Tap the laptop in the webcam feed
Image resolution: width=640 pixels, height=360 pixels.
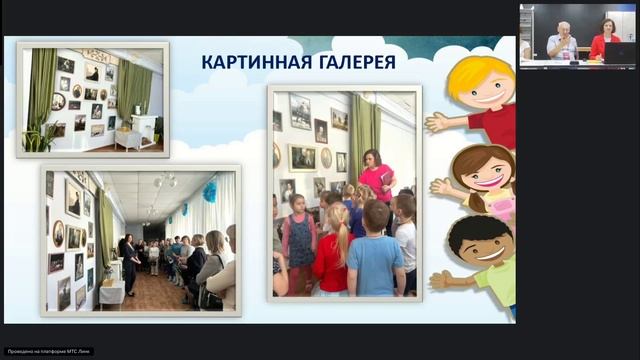[619, 52]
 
